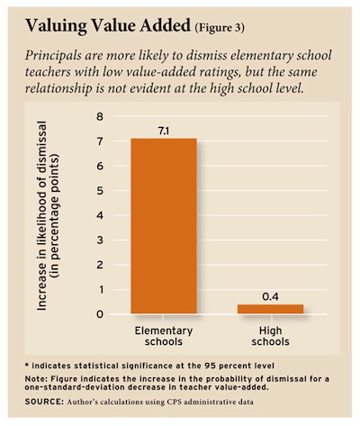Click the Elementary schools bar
[164, 226]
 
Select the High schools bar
[271, 309]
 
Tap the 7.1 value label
[164, 131]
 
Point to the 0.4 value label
[270, 297]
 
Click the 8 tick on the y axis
[100, 116]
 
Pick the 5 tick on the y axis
[100, 191]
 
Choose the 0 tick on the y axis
[100, 314]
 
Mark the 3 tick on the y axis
[100, 240]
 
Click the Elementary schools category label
[164, 336]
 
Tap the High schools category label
[271, 336]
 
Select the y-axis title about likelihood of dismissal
[49, 215]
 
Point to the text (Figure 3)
[220, 28]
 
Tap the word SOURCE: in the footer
[44, 402]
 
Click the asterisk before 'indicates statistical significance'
[27, 366]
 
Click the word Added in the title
[165, 26]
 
